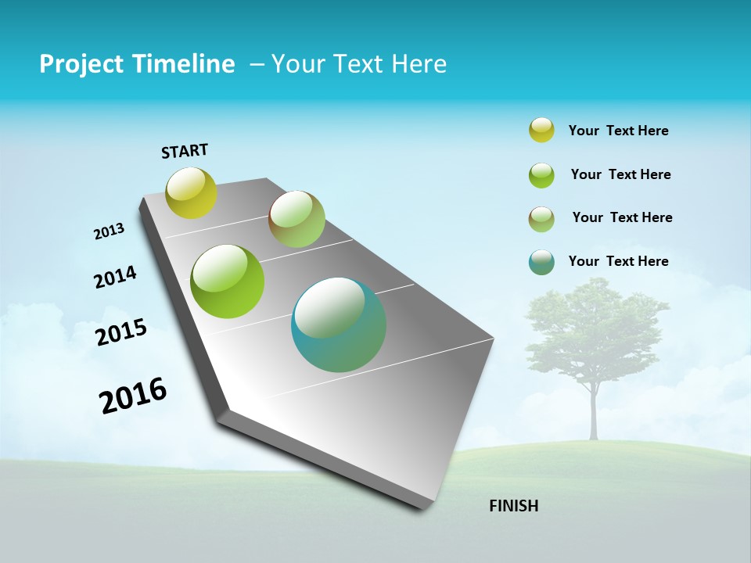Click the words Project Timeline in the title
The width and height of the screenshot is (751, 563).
point(137,64)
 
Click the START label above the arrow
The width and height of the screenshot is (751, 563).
point(185,151)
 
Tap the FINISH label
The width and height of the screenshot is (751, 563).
point(513,506)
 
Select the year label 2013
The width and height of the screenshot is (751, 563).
point(110,231)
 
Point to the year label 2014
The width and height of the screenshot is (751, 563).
point(115,277)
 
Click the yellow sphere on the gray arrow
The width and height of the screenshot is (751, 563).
point(191,192)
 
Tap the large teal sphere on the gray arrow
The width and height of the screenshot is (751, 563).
point(338,325)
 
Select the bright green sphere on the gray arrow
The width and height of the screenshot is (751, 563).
point(228,281)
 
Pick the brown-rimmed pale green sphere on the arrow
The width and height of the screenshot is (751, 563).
point(296,219)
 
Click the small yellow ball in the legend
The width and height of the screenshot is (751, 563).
point(541,130)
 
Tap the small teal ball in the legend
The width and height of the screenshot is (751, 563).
point(541,262)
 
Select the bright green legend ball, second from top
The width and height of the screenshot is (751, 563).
point(541,175)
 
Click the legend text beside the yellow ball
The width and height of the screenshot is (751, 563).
point(618,131)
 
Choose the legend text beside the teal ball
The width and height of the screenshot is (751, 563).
point(618,261)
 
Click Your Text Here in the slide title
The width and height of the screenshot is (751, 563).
point(359,64)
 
